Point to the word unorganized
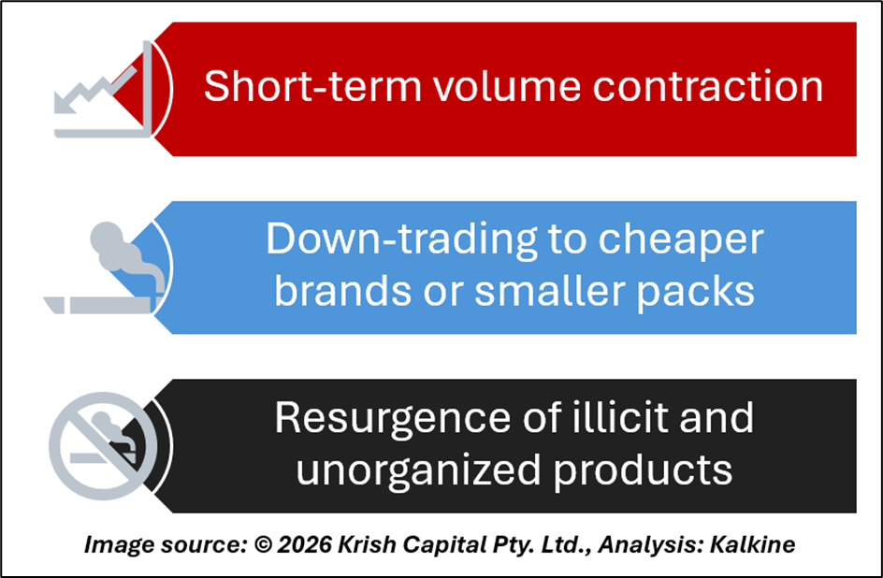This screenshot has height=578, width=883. click(418, 470)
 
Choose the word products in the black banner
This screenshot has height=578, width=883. click(643, 470)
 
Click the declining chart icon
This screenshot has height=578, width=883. click(103, 89)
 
